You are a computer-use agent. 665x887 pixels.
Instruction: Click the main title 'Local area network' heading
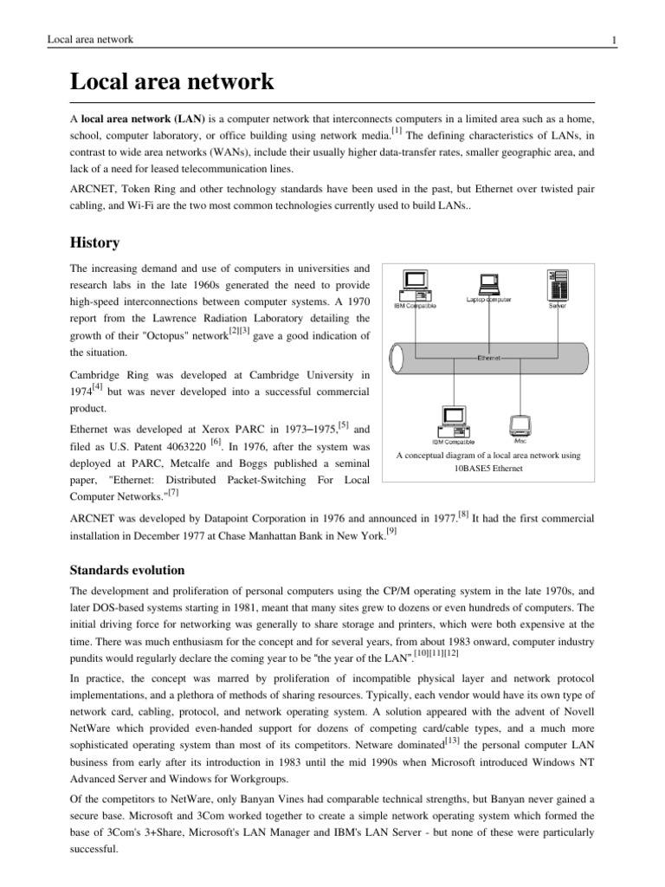[x=171, y=83]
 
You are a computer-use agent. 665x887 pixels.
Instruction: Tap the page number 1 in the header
[x=613, y=40]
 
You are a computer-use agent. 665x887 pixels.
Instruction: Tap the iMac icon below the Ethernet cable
[x=520, y=425]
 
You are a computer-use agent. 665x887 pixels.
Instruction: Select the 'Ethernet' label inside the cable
[x=490, y=357]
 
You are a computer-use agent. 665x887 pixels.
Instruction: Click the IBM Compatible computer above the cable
[x=415, y=284]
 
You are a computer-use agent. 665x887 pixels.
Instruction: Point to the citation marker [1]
[x=396, y=130]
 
